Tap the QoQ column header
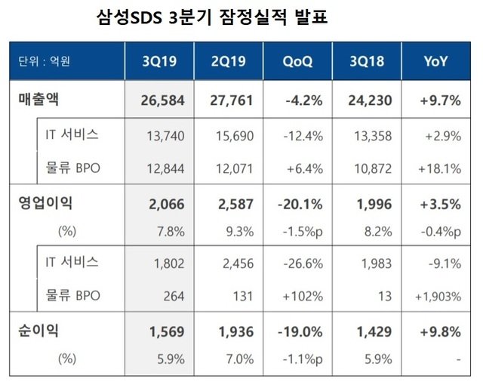pyautogui.click(x=297, y=60)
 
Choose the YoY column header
pyautogui.click(x=436, y=60)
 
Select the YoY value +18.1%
pyautogui.click(x=442, y=168)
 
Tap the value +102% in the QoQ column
pyautogui.click(x=305, y=295)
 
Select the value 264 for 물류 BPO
pyautogui.click(x=173, y=295)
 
